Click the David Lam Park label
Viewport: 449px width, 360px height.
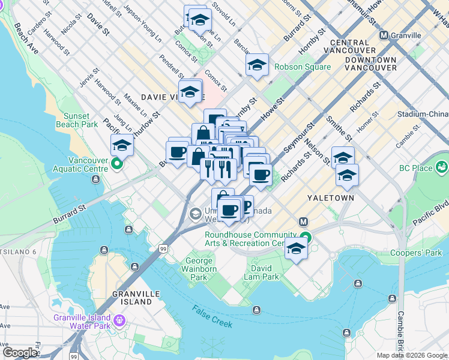[261, 272]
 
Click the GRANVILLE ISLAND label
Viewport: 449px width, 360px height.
[132, 298]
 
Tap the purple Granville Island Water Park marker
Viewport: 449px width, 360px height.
[119, 321]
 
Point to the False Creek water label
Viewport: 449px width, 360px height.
[212, 316]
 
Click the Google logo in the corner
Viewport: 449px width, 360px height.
[20, 353]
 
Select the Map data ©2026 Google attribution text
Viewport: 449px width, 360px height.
[411, 355]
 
